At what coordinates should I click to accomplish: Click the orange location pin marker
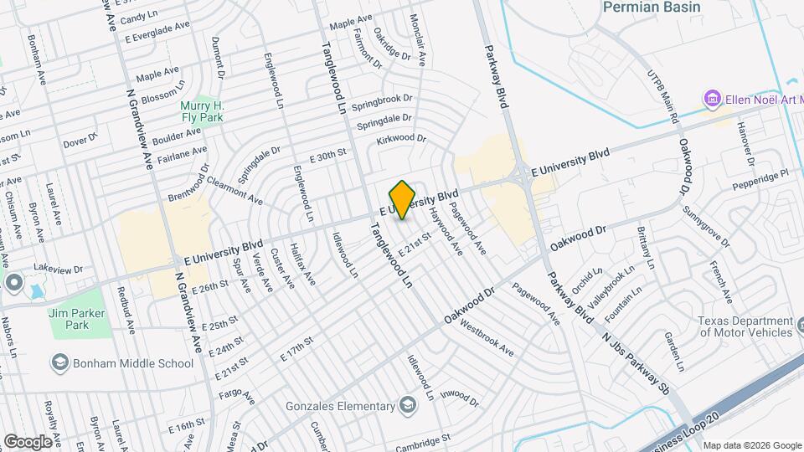(403, 200)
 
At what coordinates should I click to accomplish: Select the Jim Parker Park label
(80, 318)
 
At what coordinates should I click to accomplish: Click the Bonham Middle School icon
(60, 362)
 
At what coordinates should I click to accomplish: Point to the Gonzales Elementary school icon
(407, 407)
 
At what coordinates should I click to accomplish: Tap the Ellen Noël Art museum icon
(713, 100)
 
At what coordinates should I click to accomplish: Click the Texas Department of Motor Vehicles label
(745, 326)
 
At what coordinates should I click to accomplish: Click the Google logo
(28, 441)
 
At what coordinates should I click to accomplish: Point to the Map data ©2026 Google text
(750, 444)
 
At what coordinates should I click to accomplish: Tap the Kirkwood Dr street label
(401, 138)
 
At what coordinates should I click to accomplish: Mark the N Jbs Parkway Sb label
(637, 353)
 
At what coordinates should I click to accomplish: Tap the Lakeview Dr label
(59, 270)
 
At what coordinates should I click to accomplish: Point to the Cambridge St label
(423, 437)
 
